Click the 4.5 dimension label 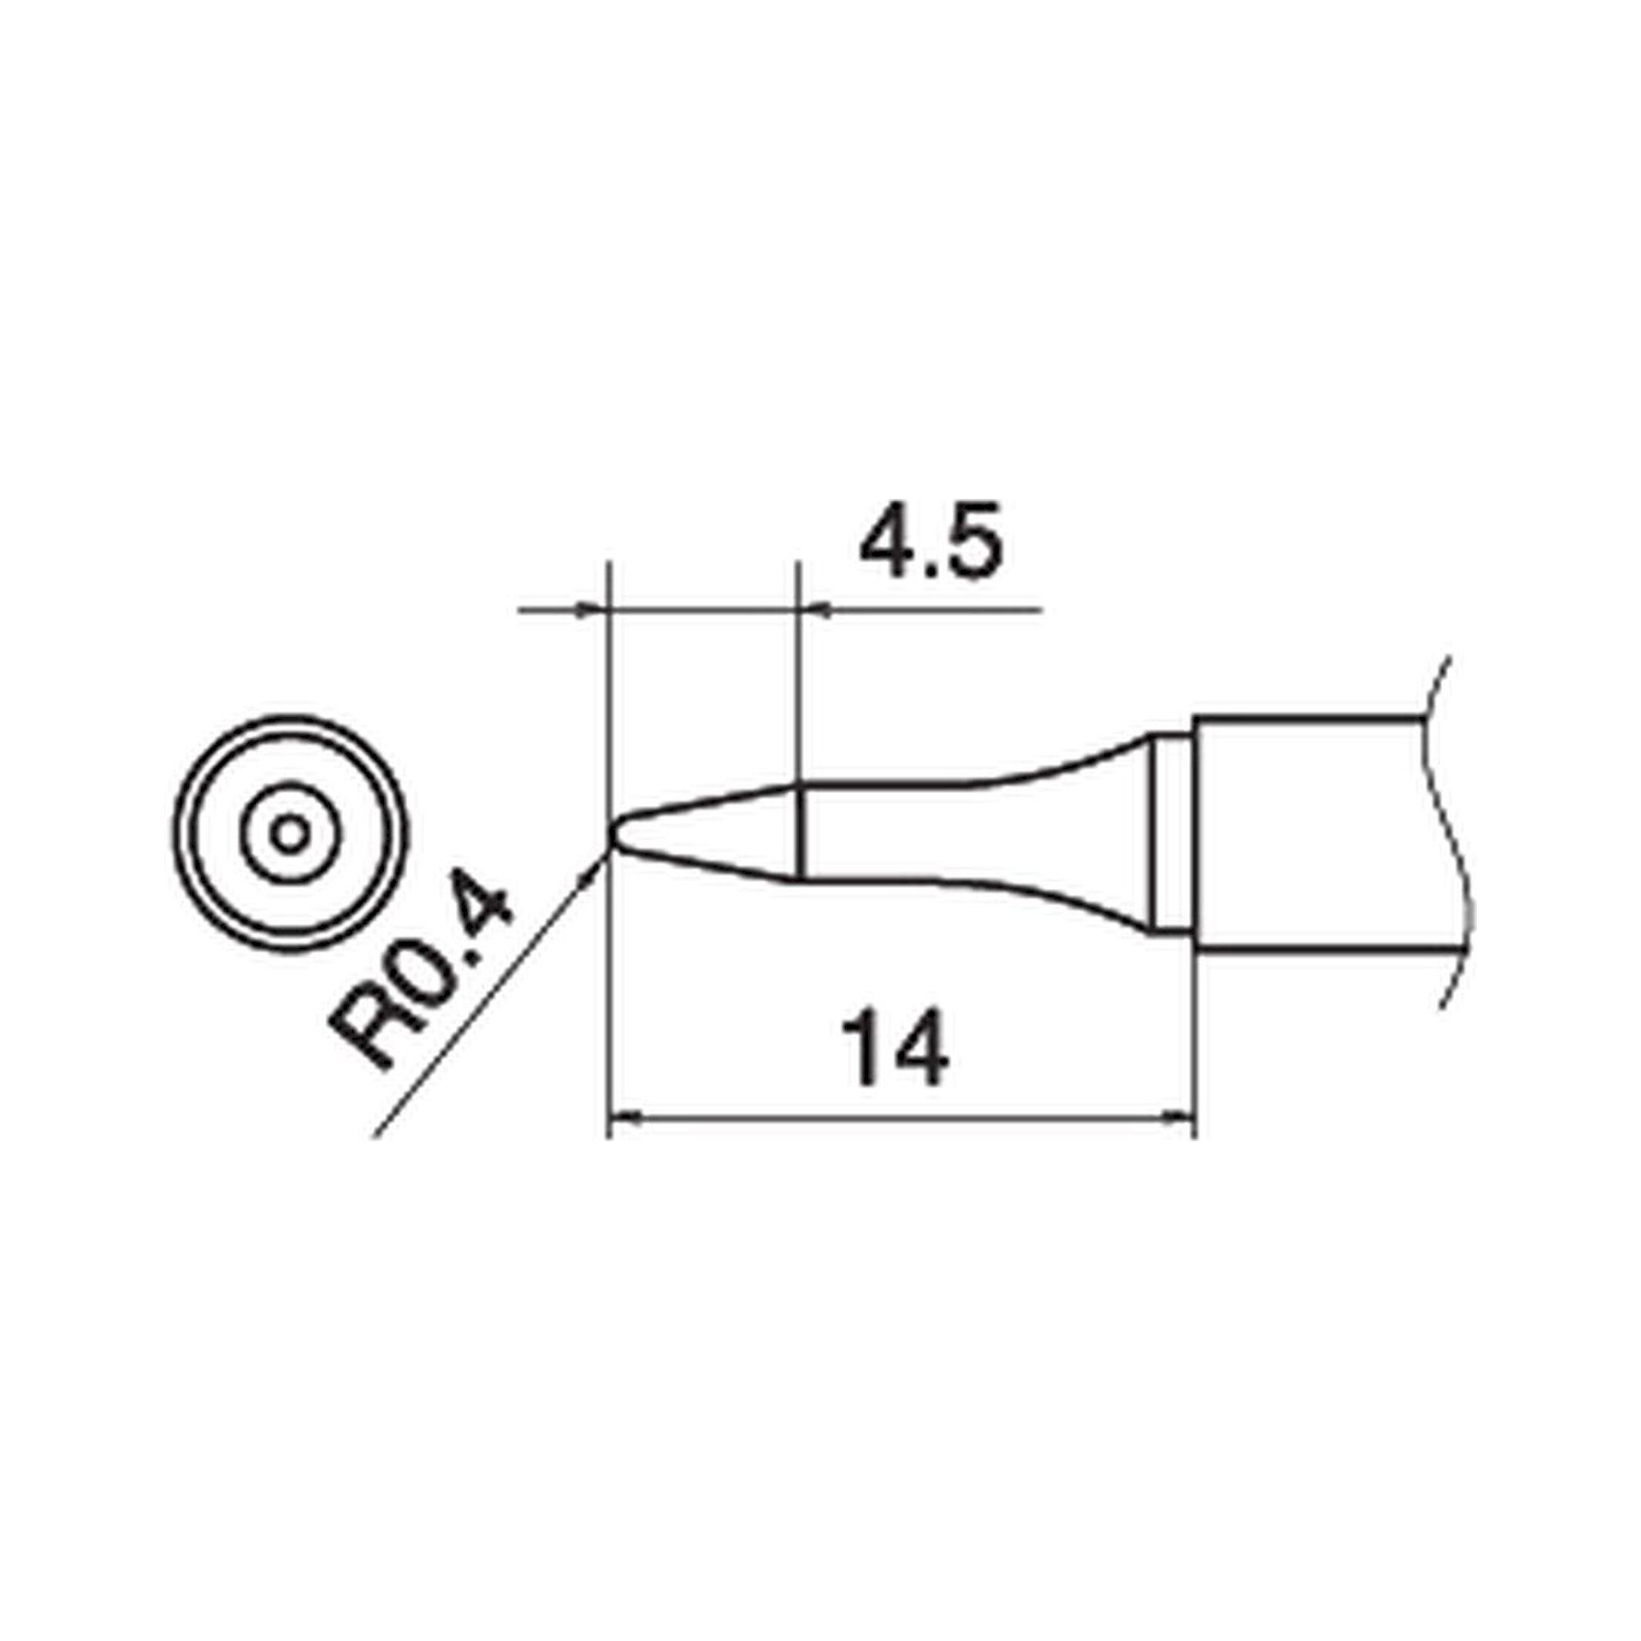932,542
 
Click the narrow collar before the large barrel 1173,834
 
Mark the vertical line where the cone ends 799,830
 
